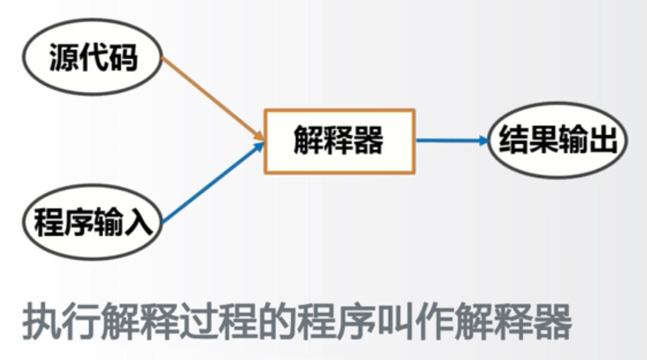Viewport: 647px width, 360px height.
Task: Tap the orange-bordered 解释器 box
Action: pos(339,141)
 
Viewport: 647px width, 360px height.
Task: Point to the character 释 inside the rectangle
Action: pos(338,141)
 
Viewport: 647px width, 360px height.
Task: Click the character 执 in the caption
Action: pos(40,322)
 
